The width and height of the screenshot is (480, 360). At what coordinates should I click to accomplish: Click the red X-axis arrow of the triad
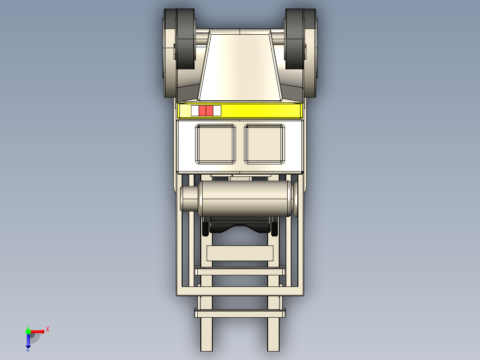click(x=38, y=331)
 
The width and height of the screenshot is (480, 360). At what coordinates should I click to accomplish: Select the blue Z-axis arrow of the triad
click(x=28, y=341)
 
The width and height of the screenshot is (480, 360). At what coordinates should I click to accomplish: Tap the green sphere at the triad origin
click(x=28, y=331)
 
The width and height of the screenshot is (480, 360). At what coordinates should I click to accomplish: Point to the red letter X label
click(x=48, y=330)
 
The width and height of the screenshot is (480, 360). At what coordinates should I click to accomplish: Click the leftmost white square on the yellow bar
click(x=195, y=111)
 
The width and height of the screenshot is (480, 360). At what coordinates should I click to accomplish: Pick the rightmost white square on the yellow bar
click(x=217, y=111)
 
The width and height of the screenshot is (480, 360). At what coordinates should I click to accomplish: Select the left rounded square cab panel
click(x=216, y=144)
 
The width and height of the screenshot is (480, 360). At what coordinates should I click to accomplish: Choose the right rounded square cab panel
click(x=264, y=144)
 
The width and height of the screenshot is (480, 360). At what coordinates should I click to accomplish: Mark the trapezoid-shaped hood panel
click(x=240, y=67)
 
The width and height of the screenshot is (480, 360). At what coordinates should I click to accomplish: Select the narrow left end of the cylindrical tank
click(x=189, y=199)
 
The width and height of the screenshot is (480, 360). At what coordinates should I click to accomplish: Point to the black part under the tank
click(x=240, y=226)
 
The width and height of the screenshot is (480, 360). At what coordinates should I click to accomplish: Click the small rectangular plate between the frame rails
click(x=240, y=253)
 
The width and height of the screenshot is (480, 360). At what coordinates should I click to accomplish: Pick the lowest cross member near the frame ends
click(x=240, y=314)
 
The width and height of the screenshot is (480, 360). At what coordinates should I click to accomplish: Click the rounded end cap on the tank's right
click(x=297, y=198)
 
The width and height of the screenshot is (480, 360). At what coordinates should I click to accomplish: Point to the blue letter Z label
click(x=28, y=349)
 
